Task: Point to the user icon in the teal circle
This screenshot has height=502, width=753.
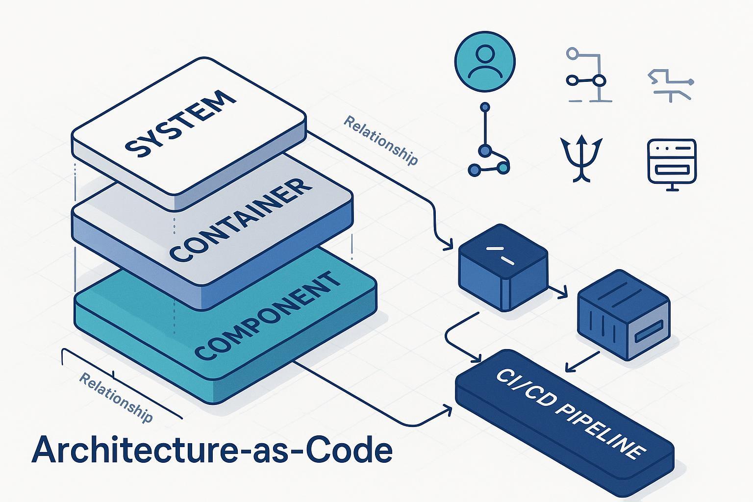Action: pyautogui.click(x=485, y=62)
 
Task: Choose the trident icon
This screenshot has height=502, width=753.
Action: pyautogui.click(x=581, y=157)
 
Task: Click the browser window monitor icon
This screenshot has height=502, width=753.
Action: pyautogui.click(x=671, y=160)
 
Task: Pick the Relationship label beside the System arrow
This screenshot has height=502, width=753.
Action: pyautogui.click(x=380, y=140)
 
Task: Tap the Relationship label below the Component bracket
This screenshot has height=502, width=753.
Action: pyautogui.click(x=116, y=398)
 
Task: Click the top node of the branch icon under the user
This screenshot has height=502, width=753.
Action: pyautogui.click(x=485, y=107)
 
